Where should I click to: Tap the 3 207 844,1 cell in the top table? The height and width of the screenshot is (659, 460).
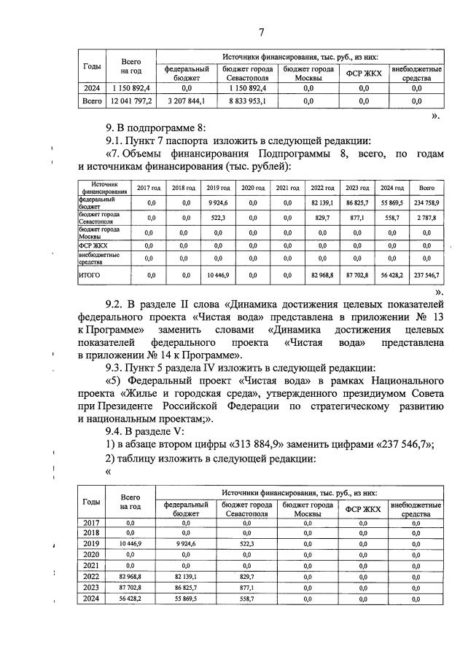tap(186, 101)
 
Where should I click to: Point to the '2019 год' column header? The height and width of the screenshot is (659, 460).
tap(214, 187)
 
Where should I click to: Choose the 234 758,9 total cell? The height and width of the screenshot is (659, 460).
tap(426, 202)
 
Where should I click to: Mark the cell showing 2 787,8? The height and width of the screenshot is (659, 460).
tap(426, 218)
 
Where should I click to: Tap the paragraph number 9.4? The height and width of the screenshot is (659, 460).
tap(117, 431)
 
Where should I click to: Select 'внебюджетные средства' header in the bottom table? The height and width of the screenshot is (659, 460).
tap(416, 509)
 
